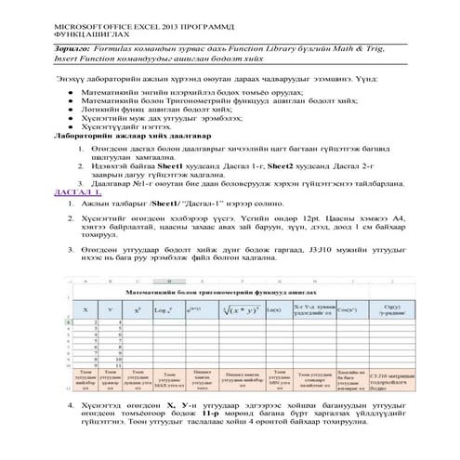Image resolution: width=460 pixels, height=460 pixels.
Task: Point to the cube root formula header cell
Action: coord(235,309)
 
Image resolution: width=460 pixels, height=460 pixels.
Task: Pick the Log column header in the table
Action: coord(163,309)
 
